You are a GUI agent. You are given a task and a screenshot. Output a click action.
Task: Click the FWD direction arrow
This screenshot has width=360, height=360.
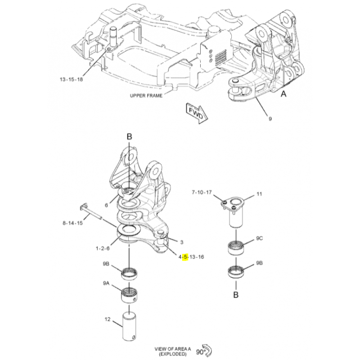point(197,113)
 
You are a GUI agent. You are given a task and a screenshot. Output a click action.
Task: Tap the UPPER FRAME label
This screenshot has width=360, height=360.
point(146,95)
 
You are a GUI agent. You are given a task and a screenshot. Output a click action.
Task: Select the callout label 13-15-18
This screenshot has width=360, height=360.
point(71,80)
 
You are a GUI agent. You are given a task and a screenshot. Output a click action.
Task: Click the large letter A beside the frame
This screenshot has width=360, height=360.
point(284,94)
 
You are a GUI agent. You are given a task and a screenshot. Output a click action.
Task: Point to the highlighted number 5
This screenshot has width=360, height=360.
point(185,257)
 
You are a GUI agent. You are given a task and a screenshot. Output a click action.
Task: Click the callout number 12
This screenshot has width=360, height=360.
point(108,319)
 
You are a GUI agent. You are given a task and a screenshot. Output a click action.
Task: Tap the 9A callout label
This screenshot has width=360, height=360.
point(106,283)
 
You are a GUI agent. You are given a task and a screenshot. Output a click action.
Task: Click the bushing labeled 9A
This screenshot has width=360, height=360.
point(129,295)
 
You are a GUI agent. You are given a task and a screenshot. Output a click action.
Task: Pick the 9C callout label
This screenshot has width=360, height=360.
point(260,238)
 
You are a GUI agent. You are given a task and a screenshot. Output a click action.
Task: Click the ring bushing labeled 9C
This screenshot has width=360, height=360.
point(236,247)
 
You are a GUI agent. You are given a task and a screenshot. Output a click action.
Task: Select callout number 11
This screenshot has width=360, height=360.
point(259,194)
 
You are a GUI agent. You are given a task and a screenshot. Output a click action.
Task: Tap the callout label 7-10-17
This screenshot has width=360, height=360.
point(202,192)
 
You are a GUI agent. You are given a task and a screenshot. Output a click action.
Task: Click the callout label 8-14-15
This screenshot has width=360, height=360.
point(72,223)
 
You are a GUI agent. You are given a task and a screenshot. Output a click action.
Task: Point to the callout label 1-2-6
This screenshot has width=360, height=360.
point(103,248)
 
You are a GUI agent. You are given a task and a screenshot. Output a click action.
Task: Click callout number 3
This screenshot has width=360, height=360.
point(182,242)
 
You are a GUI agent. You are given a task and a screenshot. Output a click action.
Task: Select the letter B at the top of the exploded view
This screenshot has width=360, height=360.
point(130,137)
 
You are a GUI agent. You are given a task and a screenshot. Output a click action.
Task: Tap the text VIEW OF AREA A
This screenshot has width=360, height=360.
point(173,349)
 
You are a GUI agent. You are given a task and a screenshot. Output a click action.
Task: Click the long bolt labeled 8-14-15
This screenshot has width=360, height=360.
point(90,211)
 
